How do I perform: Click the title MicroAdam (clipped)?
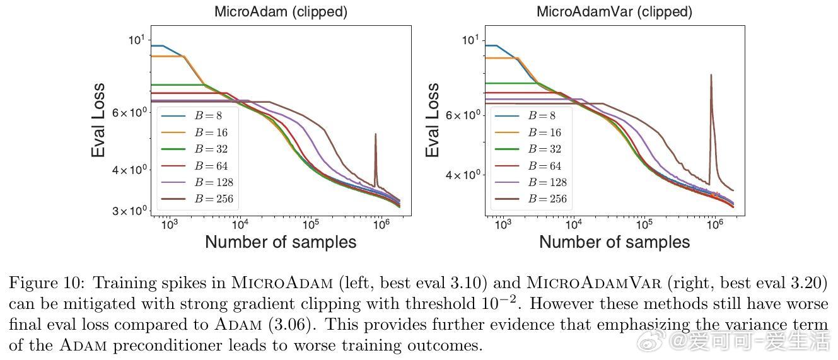pyautogui.click(x=281, y=11)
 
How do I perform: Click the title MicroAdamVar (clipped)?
pyautogui.click(x=614, y=11)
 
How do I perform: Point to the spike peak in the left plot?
pyautogui.click(x=375, y=134)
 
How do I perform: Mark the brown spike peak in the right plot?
pyautogui.click(x=711, y=75)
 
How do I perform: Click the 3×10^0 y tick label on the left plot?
pyautogui.click(x=129, y=211)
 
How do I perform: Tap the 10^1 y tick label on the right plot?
pyautogui.click(x=470, y=40)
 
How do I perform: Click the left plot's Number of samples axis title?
pyautogui.click(x=281, y=242)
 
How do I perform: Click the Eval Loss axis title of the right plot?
pyautogui.click(x=433, y=120)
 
